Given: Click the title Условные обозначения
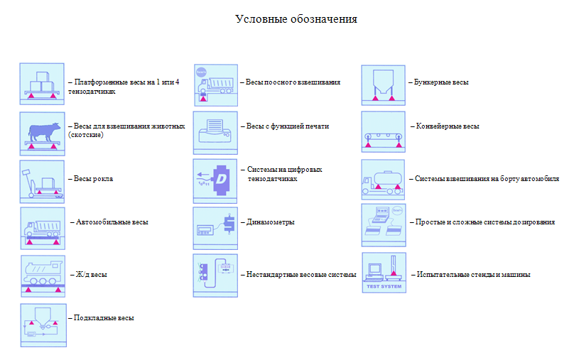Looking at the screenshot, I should (296, 19).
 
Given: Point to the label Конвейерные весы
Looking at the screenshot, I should (447, 126).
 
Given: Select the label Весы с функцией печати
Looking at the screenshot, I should (288, 126).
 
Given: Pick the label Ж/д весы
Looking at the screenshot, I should (91, 274).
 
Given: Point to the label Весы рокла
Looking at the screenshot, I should (93, 179).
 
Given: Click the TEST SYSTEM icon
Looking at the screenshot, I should (384, 273).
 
